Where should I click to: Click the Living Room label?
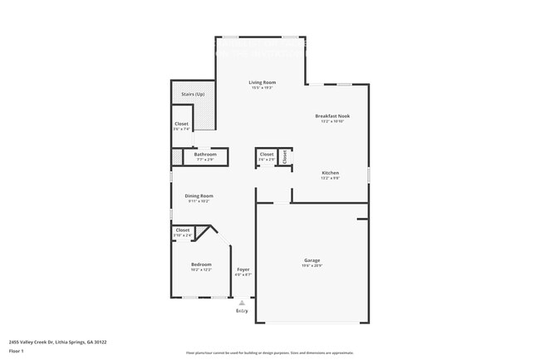[x=263, y=82]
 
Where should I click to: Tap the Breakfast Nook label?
[x=331, y=116]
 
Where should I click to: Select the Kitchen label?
[x=331, y=173]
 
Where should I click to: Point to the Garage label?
[x=312, y=260]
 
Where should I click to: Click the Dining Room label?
[x=199, y=195]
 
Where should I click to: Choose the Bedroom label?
[x=201, y=264]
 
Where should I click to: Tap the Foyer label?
[x=243, y=269]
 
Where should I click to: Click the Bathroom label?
[x=205, y=154]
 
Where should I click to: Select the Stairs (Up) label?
[x=193, y=95]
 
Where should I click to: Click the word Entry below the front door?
[x=242, y=310]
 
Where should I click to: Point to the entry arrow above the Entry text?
[x=242, y=303]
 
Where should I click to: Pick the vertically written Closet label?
[x=284, y=155]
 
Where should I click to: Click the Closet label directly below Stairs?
[x=181, y=124]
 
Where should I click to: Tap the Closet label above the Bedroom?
[x=183, y=230]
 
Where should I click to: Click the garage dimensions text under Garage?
[x=312, y=266]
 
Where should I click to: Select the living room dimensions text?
[x=263, y=87]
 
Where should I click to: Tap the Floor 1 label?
[x=17, y=352]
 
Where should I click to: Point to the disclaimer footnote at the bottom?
[x=269, y=353]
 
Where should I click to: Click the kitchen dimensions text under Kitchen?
[x=331, y=178]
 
